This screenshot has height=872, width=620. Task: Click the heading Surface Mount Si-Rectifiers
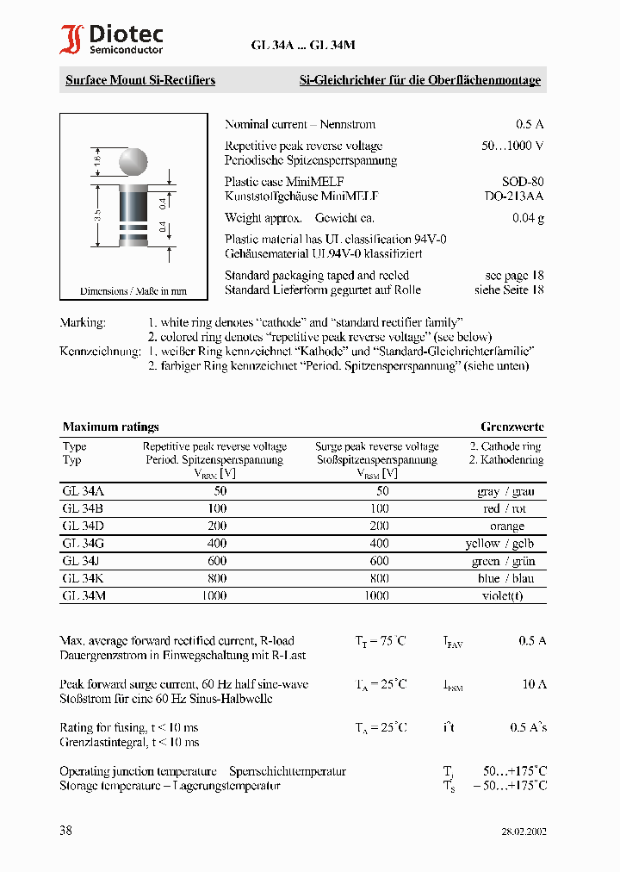tap(140, 80)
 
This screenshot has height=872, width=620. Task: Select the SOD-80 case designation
tap(524, 182)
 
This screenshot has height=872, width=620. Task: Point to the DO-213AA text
tap(515, 196)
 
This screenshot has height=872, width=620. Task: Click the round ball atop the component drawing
tap(132, 162)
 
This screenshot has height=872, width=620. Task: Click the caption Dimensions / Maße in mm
tap(133, 291)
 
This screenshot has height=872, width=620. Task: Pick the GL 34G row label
tap(84, 543)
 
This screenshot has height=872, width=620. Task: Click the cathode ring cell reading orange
tap(506, 526)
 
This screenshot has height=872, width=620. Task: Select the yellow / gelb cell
tap(506, 543)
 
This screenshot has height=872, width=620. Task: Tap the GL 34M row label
tap(84, 595)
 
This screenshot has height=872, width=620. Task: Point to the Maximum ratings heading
tap(110, 427)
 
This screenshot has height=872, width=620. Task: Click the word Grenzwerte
tap(512, 427)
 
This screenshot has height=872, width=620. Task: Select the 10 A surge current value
tap(533, 684)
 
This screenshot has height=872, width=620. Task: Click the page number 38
tap(66, 831)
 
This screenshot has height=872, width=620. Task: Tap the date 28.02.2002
tap(524, 832)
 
